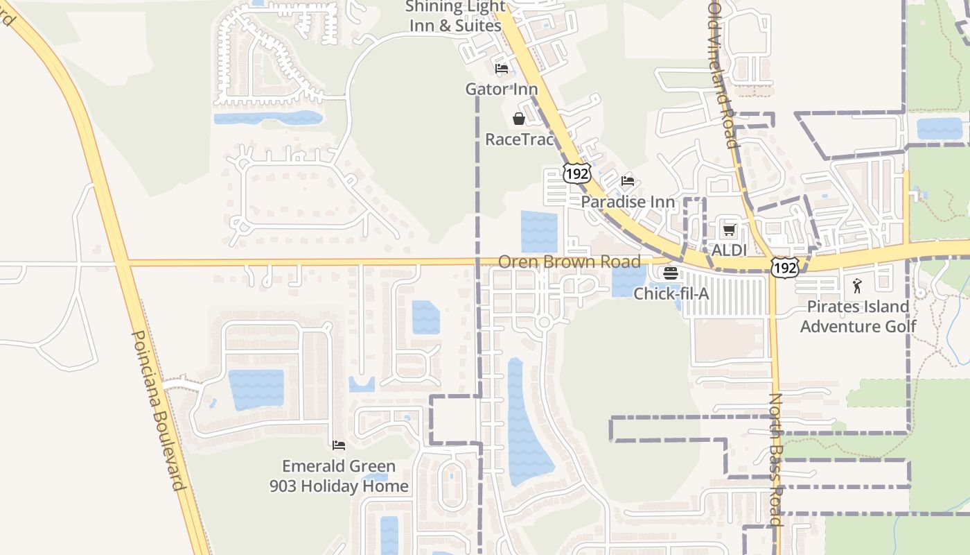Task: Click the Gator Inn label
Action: click(502, 89)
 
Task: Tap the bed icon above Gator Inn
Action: click(502, 69)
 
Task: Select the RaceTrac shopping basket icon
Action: click(519, 119)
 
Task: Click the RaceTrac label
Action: click(520, 139)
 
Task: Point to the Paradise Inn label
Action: click(628, 202)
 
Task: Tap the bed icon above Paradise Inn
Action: click(628, 182)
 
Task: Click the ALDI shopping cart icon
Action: click(729, 230)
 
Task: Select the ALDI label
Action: click(730, 250)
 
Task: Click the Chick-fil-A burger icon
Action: click(670, 273)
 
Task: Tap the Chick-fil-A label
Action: click(671, 293)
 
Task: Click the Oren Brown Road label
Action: click(570, 262)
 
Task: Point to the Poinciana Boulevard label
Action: click(159, 409)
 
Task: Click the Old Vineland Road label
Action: click(723, 74)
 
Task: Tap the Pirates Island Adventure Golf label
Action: click(858, 316)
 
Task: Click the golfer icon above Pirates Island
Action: click(858, 286)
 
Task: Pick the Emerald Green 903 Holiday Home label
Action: click(339, 476)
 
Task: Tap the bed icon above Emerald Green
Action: click(339, 445)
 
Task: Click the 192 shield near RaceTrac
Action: click(576, 173)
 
